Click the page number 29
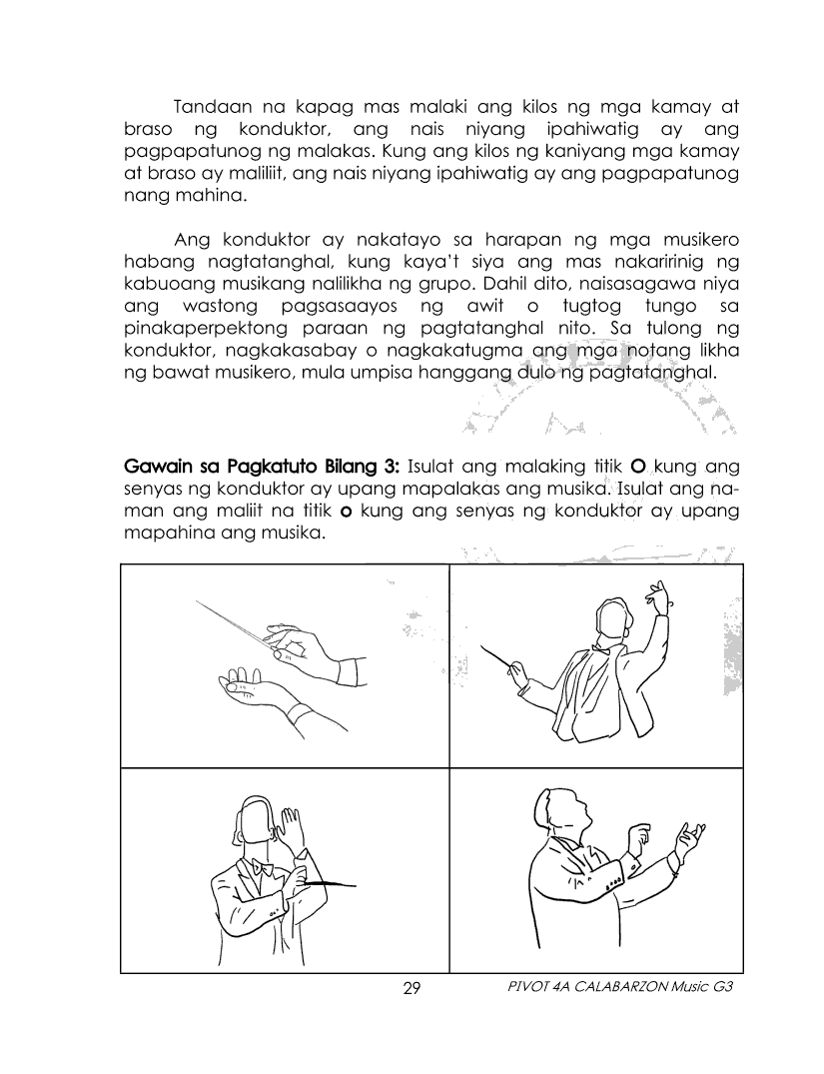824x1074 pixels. coord(412,989)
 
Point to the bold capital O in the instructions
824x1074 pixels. coord(640,467)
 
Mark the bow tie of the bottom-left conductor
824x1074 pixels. coord(263,869)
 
